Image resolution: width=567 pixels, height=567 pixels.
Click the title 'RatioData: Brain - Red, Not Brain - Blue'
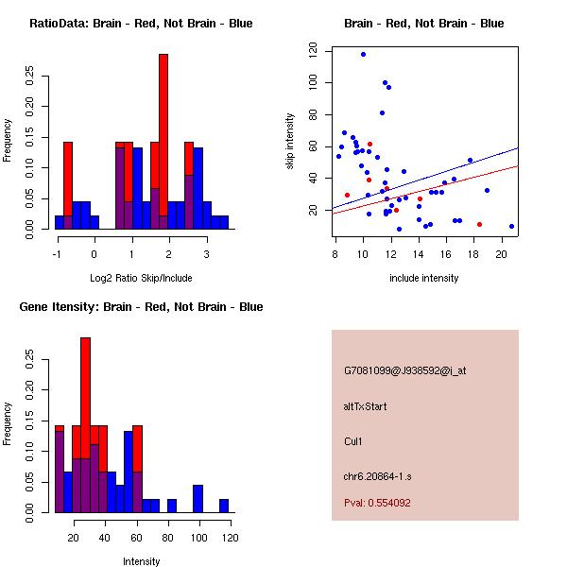pos(141,24)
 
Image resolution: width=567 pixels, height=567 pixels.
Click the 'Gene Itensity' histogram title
pos(141,307)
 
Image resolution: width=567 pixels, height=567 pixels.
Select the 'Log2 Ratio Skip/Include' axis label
pos(141,278)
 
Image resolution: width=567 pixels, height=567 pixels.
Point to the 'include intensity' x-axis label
pos(424,278)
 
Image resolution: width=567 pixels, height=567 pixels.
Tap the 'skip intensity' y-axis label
pos(290,142)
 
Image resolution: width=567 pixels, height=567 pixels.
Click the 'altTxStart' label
pos(366,406)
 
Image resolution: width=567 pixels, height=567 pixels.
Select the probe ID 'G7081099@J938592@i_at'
pos(404,370)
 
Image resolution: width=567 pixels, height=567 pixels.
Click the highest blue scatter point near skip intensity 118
pos(363,55)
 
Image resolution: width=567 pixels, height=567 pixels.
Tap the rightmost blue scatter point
pos(511,227)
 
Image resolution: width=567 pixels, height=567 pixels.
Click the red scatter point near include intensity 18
pos(479,224)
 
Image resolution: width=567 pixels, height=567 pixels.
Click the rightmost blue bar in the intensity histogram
pos(224,507)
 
